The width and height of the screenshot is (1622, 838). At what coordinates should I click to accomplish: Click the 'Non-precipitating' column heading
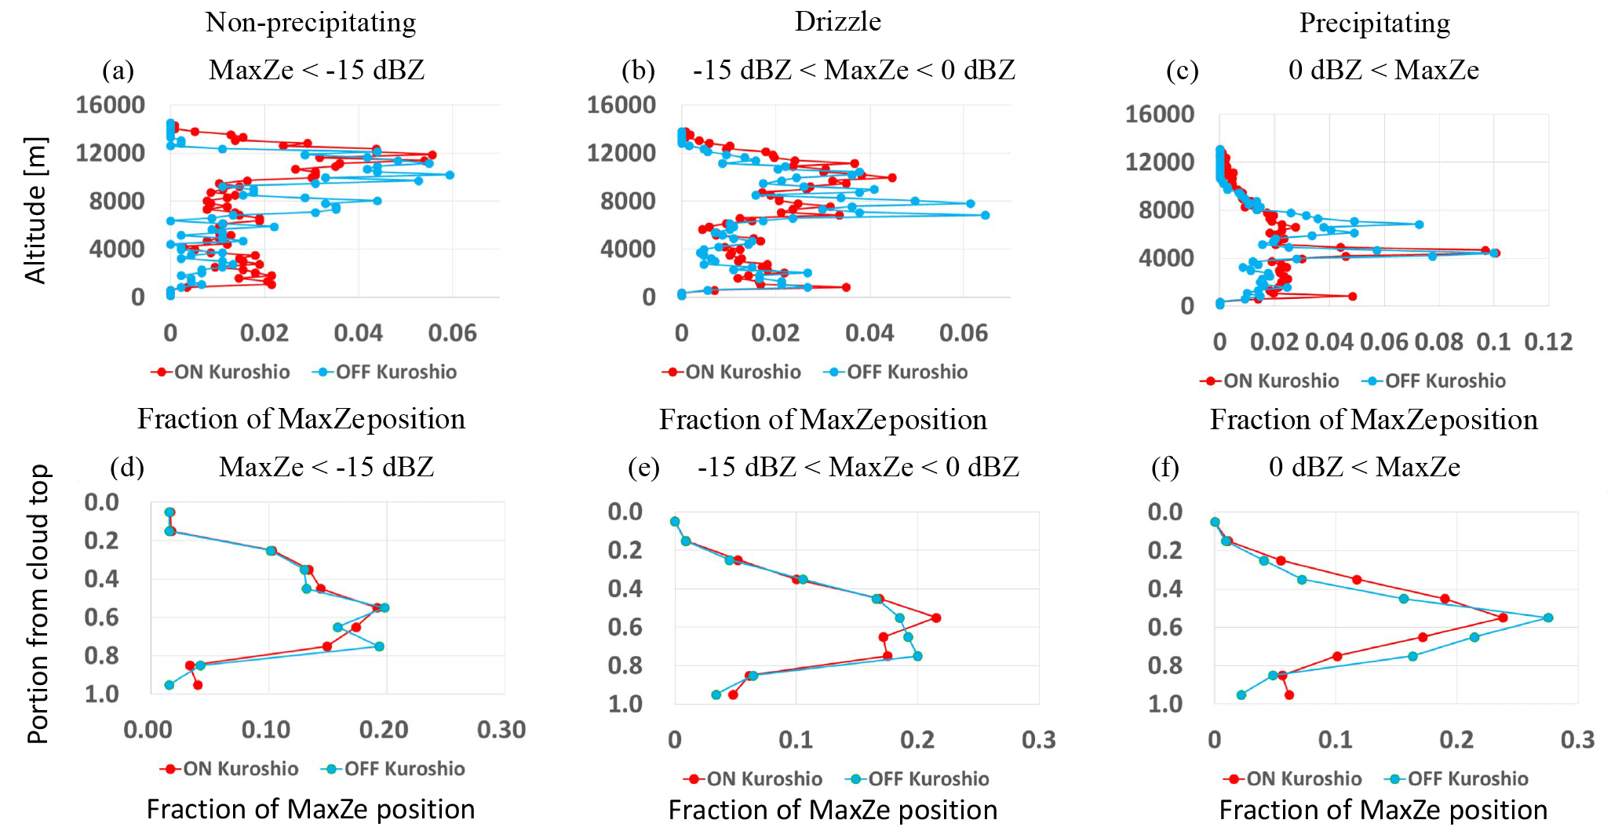[x=311, y=23]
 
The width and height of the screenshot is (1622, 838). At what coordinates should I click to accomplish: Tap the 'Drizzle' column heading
[x=837, y=21]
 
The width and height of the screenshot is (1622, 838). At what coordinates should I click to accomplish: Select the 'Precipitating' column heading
[x=1374, y=23]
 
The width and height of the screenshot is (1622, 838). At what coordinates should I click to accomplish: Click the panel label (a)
[x=118, y=71]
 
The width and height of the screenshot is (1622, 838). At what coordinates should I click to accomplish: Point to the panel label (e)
[x=643, y=468]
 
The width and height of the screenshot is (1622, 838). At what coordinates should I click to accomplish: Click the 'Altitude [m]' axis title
[x=36, y=210]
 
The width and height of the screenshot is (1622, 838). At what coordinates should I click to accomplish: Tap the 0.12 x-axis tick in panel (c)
[x=1548, y=342]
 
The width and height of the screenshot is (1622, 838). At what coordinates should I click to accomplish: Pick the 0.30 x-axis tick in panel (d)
[x=501, y=730]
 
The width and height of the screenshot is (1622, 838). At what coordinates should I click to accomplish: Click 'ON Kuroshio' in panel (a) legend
[x=231, y=372]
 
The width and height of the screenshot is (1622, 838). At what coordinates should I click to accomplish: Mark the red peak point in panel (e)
[x=936, y=618]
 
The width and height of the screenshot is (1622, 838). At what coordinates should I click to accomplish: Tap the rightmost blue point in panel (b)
[x=985, y=214]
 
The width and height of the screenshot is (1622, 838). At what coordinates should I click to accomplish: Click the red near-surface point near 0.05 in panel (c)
[x=1352, y=296]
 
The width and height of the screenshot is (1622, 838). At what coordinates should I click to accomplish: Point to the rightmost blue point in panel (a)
[x=450, y=175]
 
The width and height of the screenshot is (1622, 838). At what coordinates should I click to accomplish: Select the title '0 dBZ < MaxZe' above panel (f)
[x=1364, y=468]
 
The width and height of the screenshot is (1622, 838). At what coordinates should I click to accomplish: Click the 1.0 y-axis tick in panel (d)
[x=102, y=694]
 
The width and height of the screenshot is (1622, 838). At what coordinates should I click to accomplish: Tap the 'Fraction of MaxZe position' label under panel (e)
[x=833, y=810]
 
